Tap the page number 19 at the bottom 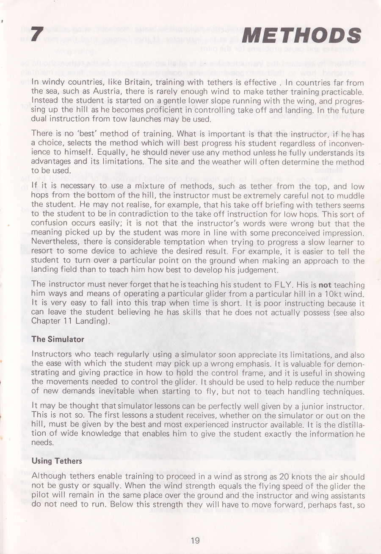point(195,540)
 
